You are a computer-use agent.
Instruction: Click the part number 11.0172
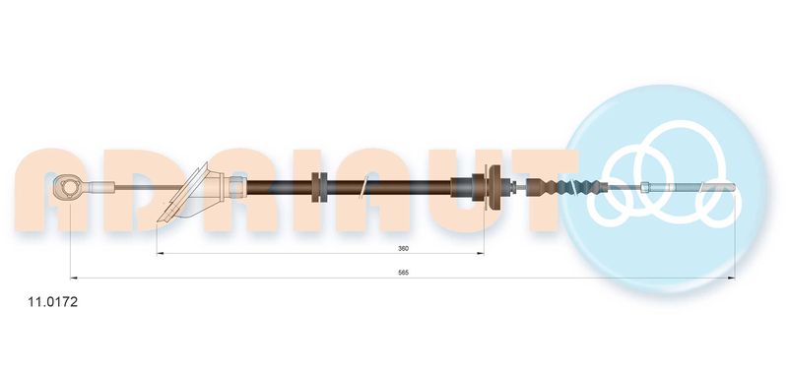(52, 302)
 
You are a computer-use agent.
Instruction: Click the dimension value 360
(403, 248)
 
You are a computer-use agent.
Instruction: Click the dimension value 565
(403, 273)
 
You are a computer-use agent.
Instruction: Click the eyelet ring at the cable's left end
(66, 188)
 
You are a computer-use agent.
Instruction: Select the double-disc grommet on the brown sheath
(319, 187)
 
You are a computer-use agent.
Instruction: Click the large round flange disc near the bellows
(495, 187)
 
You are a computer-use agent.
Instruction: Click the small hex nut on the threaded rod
(645, 187)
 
